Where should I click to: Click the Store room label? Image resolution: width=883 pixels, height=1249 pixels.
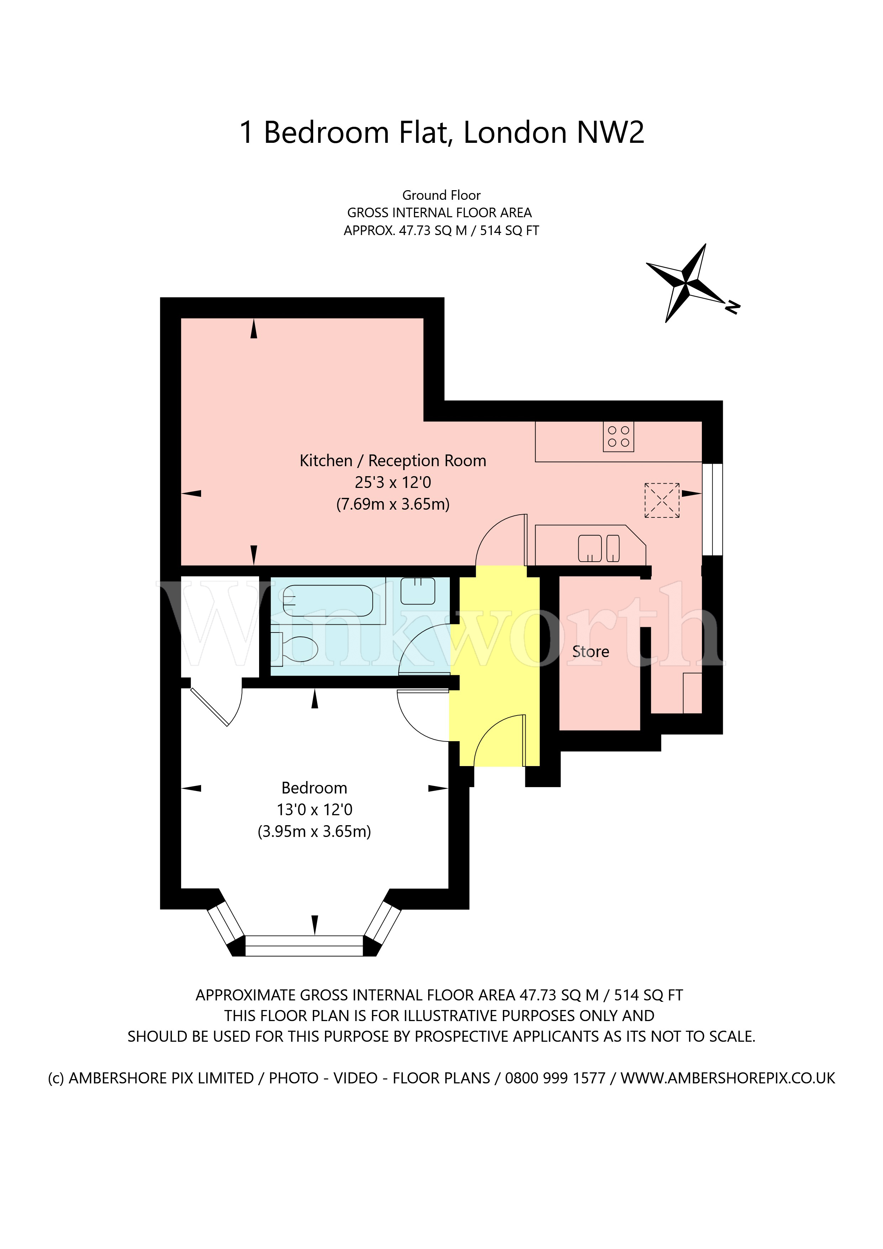[x=590, y=652]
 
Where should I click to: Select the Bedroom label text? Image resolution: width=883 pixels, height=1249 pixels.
[x=314, y=788]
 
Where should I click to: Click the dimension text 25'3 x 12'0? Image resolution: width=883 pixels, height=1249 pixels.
[x=393, y=483]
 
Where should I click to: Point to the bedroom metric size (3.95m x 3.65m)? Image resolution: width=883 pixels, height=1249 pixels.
[x=314, y=831]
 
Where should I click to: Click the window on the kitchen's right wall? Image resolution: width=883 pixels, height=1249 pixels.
[x=712, y=509]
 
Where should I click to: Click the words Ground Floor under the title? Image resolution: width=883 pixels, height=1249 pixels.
[x=441, y=195]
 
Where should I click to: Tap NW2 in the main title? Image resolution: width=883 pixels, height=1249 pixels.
[x=610, y=132]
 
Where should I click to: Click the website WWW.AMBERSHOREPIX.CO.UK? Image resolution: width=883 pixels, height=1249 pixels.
[x=727, y=1078]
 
